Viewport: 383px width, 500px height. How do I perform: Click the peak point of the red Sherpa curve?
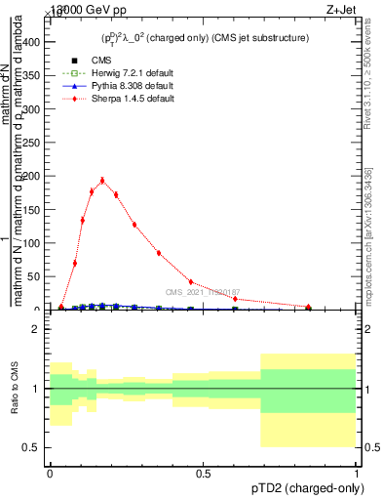click(102, 180)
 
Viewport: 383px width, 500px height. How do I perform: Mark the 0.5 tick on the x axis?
click(204, 474)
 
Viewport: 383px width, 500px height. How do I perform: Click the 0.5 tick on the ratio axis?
click(32, 447)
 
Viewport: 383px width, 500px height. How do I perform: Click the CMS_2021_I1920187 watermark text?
click(202, 292)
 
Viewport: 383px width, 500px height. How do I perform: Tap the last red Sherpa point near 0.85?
click(308, 307)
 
